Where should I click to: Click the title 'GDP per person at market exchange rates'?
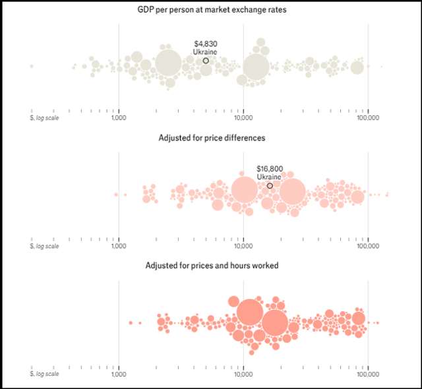coord(211,10)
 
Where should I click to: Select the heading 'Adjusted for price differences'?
coord(211,138)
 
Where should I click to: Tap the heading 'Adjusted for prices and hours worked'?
coord(211,266)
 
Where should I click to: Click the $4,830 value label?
coord(206,44)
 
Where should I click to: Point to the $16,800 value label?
coord(270,169)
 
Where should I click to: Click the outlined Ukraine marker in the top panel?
coord(206,61)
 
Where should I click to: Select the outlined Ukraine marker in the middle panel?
coord(270,186)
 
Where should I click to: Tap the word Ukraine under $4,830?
coord(205,51)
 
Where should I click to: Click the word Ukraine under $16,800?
coord(269,177)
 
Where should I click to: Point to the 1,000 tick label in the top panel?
coord(119,117)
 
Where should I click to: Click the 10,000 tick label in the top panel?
coord(243,117)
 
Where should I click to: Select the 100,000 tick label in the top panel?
coord(368,117)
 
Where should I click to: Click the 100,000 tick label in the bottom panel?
coord(368,374)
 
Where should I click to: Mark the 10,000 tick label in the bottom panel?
coord(243,374)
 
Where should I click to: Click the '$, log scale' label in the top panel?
coord(45,117)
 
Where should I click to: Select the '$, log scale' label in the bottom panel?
coord(45,374)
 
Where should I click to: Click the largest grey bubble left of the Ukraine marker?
coord(169,63)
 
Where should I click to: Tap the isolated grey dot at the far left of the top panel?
coord(31,66)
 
